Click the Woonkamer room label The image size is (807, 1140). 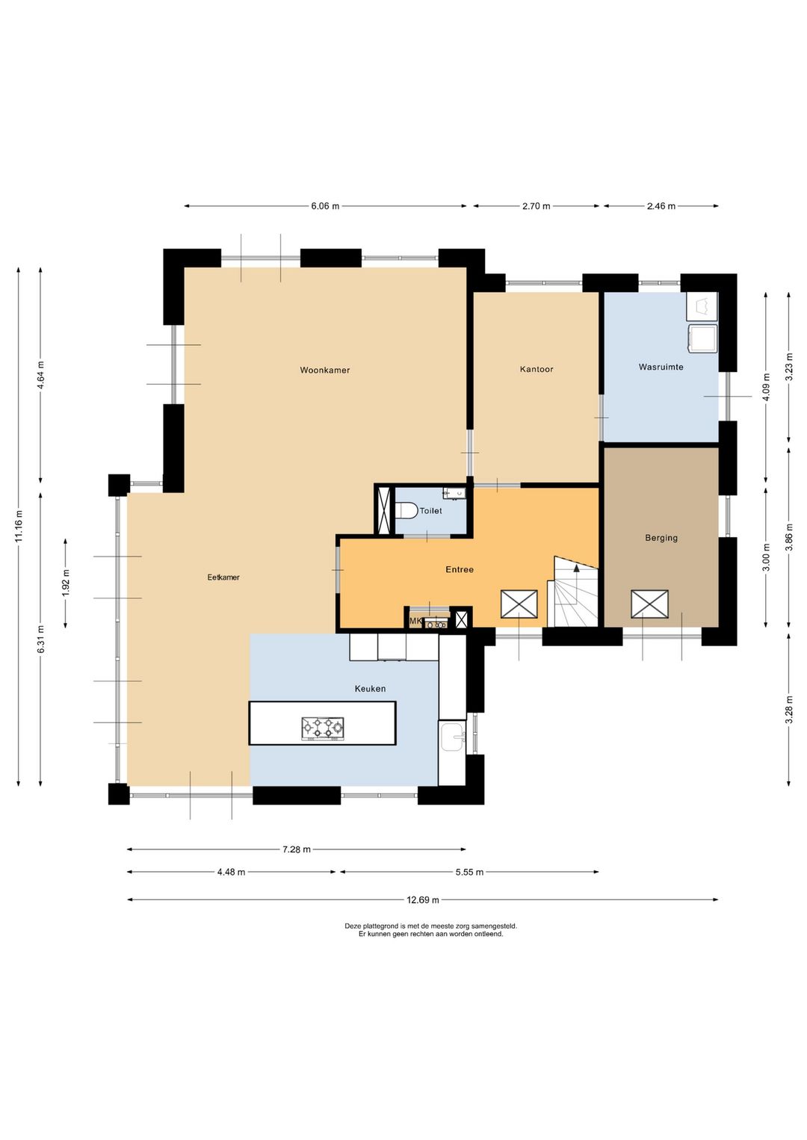pos(325,370)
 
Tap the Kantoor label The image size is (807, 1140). pos(537,369)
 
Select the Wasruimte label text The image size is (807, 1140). pos(661,366)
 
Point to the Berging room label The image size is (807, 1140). pos(661,537)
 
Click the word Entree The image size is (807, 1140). pos(460,569)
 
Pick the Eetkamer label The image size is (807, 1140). pos(223,577)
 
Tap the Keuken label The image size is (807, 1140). pos(370,689)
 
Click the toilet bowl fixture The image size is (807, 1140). pos(406,510)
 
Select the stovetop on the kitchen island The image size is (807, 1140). pos(323,728)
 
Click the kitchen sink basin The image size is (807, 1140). pos(453,737)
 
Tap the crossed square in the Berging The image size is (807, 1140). pos(649,604)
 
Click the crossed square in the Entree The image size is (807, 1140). pos(519,604)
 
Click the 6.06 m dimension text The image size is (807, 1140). pos(325,206)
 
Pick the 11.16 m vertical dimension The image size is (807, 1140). pos(19,526)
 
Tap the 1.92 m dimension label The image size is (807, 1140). pos(66,583)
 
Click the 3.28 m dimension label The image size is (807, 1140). pos(789,710)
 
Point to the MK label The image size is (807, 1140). pos(416,622)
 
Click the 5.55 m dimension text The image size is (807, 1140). pos(469,872)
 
